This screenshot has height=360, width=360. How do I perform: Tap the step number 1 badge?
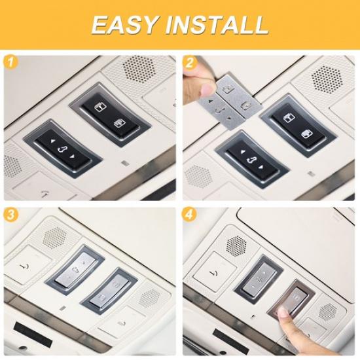[x=11, y=63]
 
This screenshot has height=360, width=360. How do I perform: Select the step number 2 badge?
[x=190, y=63]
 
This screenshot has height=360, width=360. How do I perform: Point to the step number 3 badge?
[x=11, y=215]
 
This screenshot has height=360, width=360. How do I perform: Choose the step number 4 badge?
[x=190, y=215]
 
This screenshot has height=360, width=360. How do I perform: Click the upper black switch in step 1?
[x=110, y=114]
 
